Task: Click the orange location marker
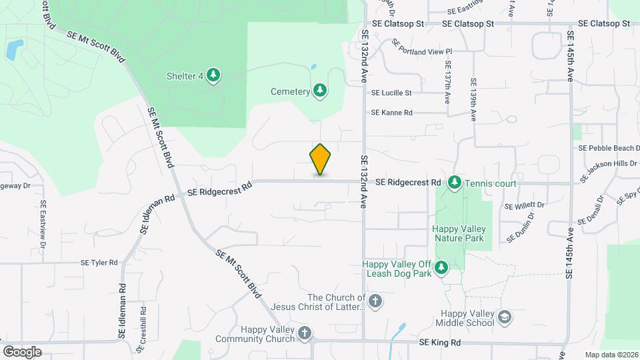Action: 320,159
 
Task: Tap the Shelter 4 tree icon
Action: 213,75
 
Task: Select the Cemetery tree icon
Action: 320,91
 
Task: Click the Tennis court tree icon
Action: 455,182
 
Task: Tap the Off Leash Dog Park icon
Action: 441,268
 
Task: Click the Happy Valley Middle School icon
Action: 505,317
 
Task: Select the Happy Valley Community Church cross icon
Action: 305,333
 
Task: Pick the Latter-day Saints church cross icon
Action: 375,301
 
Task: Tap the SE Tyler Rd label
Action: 99,263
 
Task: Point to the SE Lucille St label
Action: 391,93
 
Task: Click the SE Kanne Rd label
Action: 392,113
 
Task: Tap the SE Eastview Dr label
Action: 43,225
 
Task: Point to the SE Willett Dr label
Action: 525,205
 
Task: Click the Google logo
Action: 22,352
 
